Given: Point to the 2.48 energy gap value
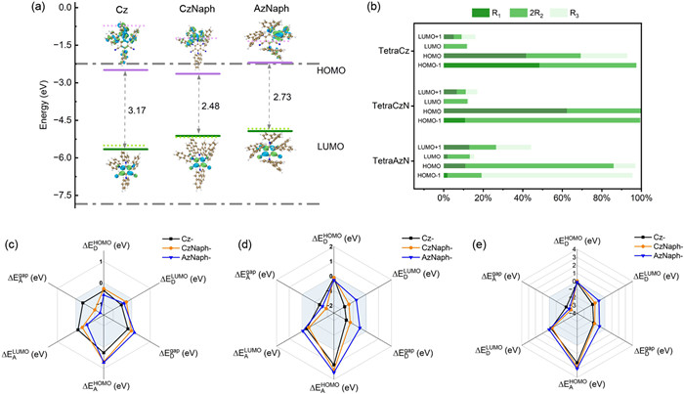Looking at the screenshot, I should coord(207,105).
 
